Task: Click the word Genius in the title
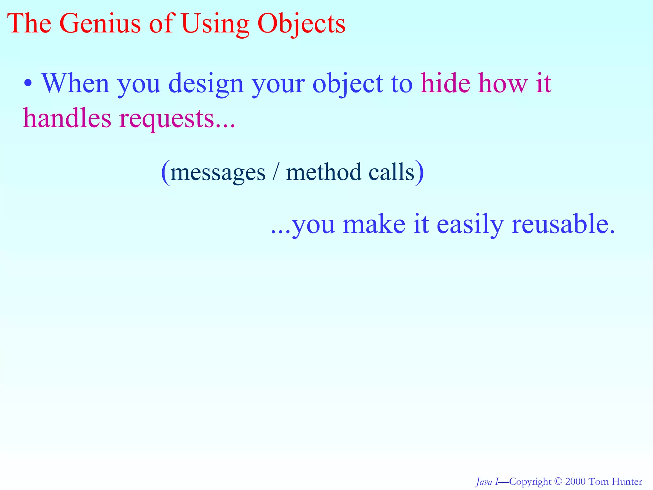tap(99, 24)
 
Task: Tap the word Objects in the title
tap(301, 24)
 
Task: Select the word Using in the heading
tap(215, 24)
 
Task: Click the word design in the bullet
tap(206, 84)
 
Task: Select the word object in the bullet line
tap(348, 84)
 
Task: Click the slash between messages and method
tap(275, 172)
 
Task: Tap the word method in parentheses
tap(323, 172)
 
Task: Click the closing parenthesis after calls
tap(420, 172)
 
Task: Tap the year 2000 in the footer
tap(575, 481)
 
